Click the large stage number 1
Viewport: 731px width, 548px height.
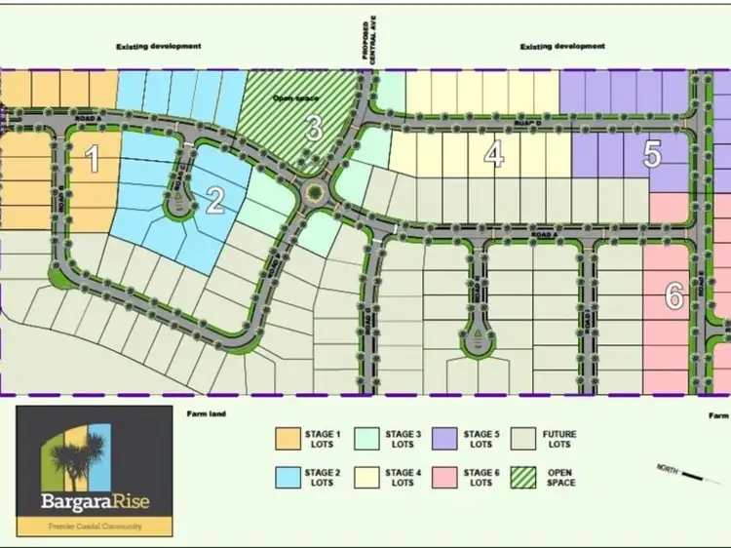coord(94,158)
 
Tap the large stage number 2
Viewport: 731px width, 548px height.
coord(215,200)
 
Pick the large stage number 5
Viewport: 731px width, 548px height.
coord(652,154)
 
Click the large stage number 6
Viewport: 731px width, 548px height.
coord(673,296)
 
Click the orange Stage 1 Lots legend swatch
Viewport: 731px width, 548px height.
coord(288,438)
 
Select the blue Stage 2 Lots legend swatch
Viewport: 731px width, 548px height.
coord(288,477)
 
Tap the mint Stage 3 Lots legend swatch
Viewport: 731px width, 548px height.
coord(366,438)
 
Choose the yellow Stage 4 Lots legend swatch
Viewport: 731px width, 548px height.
coord(366,477)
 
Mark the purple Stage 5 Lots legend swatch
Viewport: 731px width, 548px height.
coord(445,438)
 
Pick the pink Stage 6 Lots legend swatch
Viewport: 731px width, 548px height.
coord(445,477)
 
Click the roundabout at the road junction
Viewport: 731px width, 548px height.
coord(315,192)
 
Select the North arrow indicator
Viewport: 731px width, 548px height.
coord(697,475)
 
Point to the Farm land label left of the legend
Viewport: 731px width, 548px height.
coord(206,414)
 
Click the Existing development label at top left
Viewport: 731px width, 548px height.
coord(159,46)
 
